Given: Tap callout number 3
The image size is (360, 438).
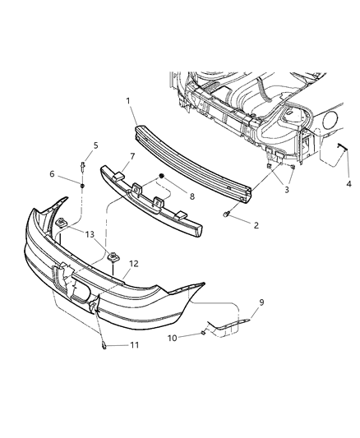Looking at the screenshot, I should point(287,191).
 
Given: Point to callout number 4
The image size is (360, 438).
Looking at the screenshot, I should point(349,184).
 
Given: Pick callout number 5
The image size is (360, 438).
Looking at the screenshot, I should point(95,145).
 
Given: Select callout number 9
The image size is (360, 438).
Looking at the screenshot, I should point(261,302).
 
